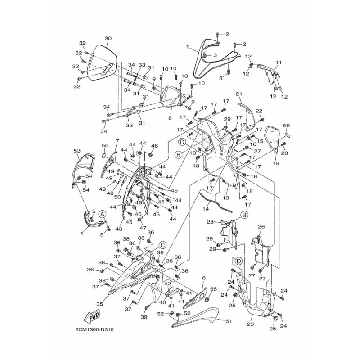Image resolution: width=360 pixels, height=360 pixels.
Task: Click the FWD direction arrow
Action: (92, 318)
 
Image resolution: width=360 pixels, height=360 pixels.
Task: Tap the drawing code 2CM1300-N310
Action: (94, 330)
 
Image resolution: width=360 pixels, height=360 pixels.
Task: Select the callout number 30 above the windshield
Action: (108, 38)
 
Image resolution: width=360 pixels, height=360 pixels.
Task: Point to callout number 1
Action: (188, 47)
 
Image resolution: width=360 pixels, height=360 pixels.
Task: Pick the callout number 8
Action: (170, 118)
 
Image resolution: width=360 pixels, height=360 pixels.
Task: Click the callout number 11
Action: (279, 63)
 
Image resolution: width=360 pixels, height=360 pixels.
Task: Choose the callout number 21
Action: (239, 94)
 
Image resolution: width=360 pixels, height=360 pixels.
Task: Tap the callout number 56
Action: (287, 126)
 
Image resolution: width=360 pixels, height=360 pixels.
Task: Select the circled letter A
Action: (103, 214)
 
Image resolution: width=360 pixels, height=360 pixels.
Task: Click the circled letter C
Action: (162, 245)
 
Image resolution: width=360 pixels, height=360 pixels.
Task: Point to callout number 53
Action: (77, 151)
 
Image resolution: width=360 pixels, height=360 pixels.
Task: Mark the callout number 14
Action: (206, 209)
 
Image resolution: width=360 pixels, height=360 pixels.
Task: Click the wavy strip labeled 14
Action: (216, 202)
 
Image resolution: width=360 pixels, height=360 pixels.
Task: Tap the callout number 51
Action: (229, 321)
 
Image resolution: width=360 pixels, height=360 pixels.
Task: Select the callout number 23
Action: (251, 324)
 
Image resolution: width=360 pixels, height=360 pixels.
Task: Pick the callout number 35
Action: (99, 304)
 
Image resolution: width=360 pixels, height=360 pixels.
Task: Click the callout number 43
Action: (119, 229)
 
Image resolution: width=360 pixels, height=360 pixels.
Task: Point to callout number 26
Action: (261, 227)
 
